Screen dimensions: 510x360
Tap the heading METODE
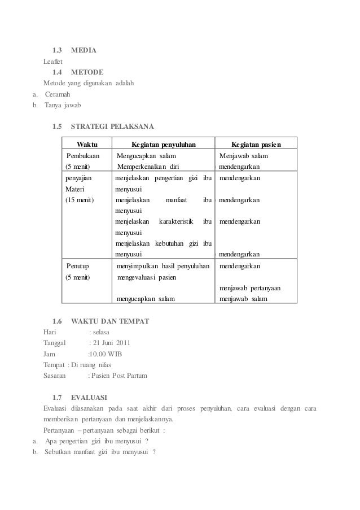[x=87, y=72]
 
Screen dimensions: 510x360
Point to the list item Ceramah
[x=59, y=94]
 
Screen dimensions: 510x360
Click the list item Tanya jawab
[x=63, y=104]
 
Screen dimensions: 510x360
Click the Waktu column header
[x=87, y=144]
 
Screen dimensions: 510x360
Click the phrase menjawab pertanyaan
[x=251, y=289]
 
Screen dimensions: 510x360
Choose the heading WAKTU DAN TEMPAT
[x=110, y=321]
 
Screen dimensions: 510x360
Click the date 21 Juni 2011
[x=112, y=343]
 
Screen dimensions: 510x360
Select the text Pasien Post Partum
[x=121, y=376]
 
